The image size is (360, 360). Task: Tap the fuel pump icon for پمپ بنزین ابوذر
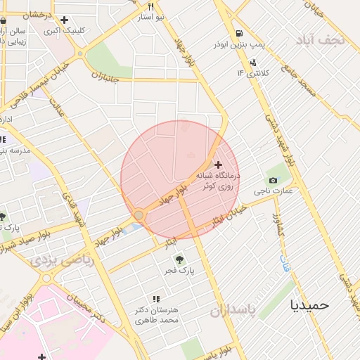(x=240, y=33)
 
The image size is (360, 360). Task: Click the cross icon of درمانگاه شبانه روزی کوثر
(x=218, y=164)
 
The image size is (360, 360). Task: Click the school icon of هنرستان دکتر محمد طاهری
(x=157, y=300)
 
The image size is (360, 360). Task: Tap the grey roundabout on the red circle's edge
(x=139, y=215)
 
